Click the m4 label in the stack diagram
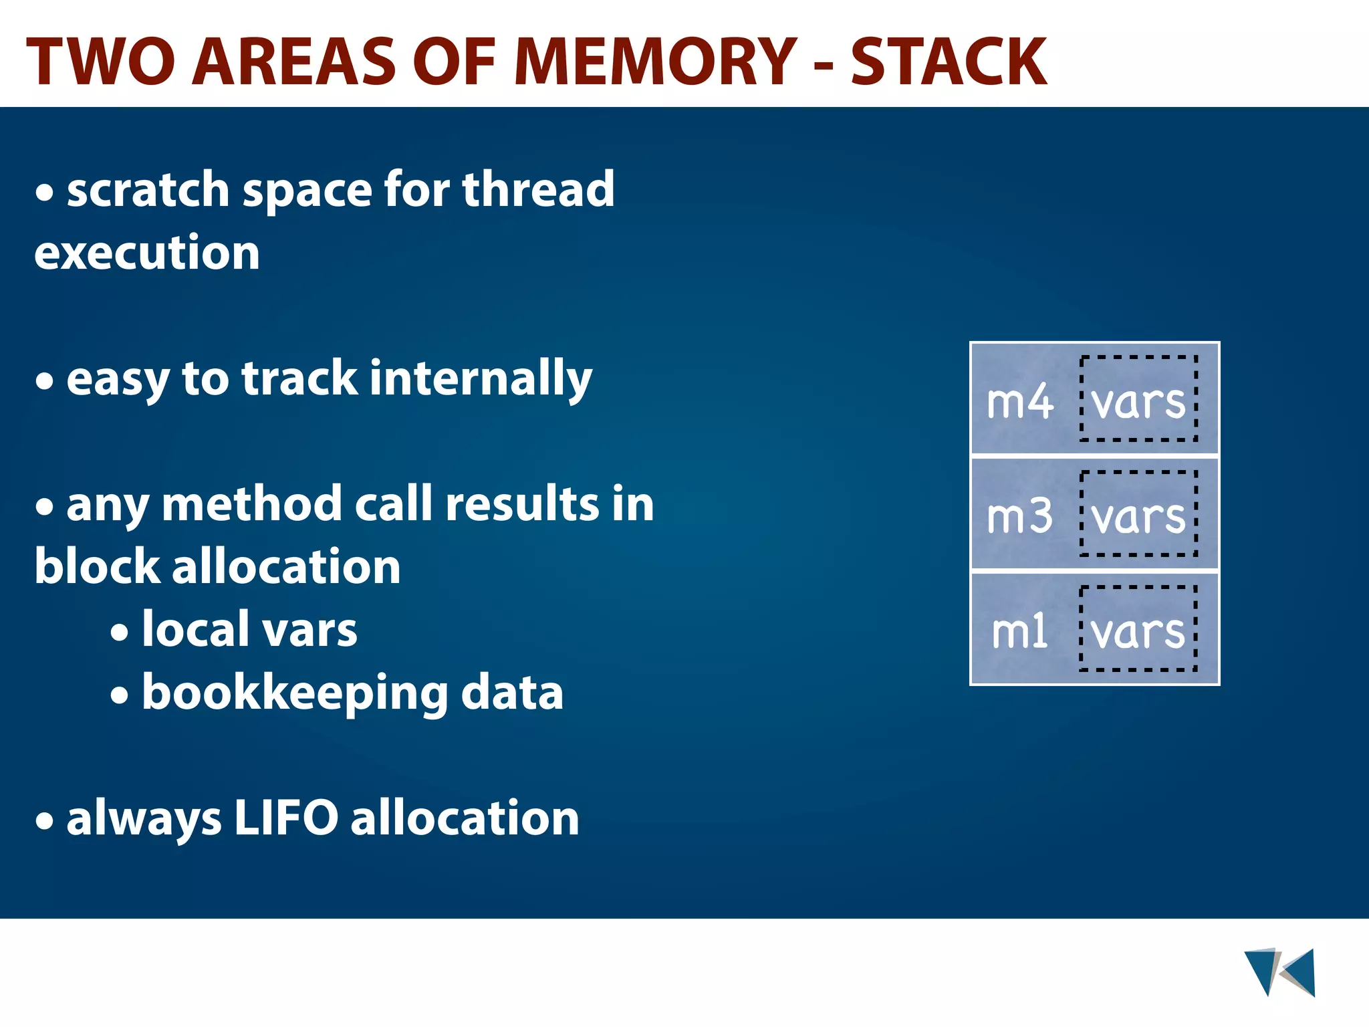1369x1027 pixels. pyautogui.click(x=1019, y=403)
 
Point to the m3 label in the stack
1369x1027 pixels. pyautogui.click(x=1019, y=517)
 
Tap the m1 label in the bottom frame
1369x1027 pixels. pyautogui.click(x=1019, y=632)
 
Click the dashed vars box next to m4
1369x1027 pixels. pyautogui.click(x=1138, y=399)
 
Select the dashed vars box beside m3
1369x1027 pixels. pyautogui.click(x=1138, y=513)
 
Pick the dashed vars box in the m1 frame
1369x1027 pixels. pyautogui.click(x=1138, y=629)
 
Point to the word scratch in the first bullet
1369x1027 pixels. pyautogui.click(x=148, y=190)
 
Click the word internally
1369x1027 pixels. pyautogui.click(x=481, y=378)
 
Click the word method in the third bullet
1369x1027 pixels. pyautogui.click(x=252, y=504)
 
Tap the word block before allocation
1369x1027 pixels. pyautogui.click(x=97, y=567)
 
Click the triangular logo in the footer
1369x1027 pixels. pyautogui.click(x=1279, y=972)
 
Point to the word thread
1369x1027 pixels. pyautogui.click(x=538, y=190)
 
